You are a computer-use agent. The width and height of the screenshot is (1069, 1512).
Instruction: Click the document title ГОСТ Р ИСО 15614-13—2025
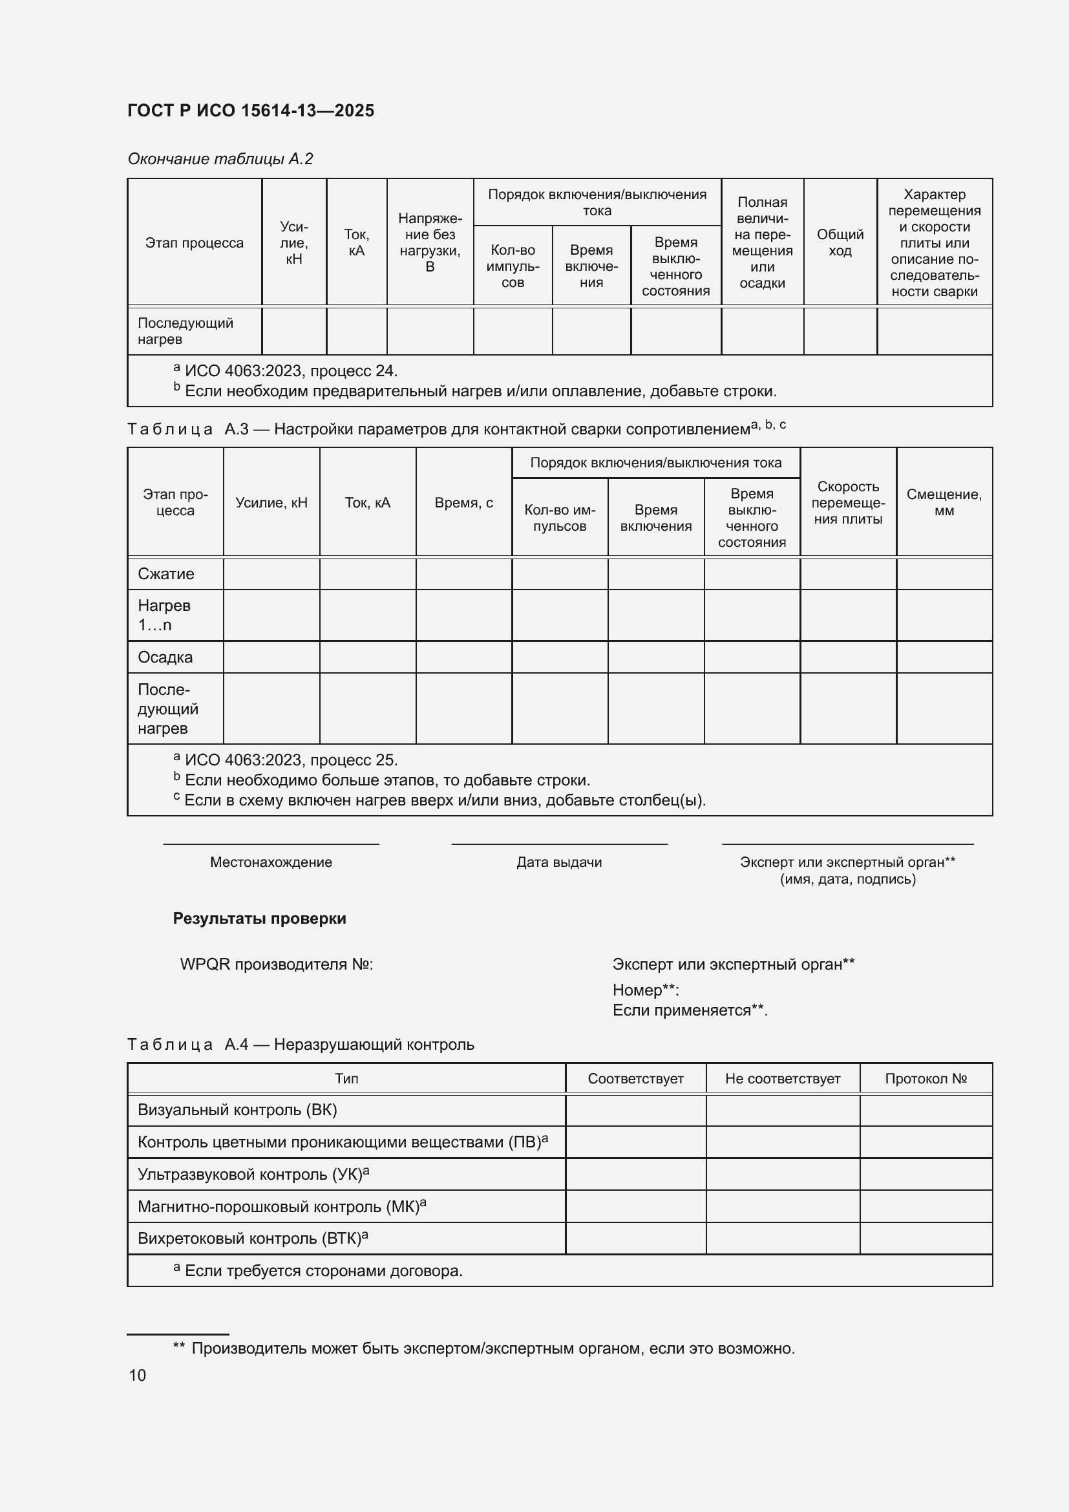tap(251, 111)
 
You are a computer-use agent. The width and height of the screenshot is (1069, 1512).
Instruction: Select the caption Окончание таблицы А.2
tap(220, 159)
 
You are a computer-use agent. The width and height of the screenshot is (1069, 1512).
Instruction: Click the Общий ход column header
tap(840, 242)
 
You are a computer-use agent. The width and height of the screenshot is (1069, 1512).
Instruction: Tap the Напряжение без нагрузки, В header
tap(430, 242)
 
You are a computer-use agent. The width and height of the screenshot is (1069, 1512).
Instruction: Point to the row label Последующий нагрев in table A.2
tap(185, 331)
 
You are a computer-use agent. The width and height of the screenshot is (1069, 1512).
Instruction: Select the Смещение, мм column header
tap(944, 502)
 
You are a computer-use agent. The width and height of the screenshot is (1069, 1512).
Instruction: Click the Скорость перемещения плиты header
tap(848, 502)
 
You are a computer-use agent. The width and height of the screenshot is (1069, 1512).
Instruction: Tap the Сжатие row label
tap(166, 573)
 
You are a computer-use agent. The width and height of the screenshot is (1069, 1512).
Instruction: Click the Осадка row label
tap(165, 657)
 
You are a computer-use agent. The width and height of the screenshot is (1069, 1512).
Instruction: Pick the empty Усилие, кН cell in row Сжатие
tap(271, 573)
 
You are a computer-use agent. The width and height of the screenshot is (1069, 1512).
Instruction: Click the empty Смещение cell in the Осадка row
tap(944, 657)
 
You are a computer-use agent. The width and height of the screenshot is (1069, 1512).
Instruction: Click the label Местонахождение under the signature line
tap(271, 862)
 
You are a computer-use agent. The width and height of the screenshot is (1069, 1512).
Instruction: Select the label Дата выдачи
tap(559, 862)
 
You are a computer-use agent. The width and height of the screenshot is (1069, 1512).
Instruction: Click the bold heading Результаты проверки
tap(259, 919)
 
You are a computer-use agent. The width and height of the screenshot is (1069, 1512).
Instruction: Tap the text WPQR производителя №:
tap(277, 964)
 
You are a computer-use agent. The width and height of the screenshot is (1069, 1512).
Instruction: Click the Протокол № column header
tap(926, 1079)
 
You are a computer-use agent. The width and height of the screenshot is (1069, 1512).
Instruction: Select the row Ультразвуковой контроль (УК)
tap(253, 1175)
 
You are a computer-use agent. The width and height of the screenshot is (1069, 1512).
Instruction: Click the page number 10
tap(138, 1375)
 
